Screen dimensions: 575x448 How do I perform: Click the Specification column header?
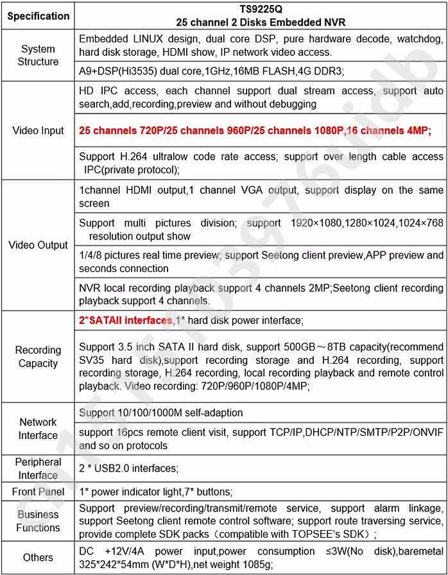tap(39, 15)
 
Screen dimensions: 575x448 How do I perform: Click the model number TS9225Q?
tap(261, 10)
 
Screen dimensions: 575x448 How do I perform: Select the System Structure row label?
tap(39, 55)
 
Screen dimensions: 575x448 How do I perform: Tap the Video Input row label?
tap(39, 130)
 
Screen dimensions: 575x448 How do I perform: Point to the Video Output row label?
tap(39, 245)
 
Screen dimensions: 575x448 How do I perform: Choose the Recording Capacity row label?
tap(39, 357)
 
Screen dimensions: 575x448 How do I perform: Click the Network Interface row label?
tap(39, 429)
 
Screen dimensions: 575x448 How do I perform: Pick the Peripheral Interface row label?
tap(39, 468)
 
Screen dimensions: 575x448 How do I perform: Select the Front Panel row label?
tap(39, 492)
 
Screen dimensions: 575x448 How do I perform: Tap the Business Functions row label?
tap(39, 521)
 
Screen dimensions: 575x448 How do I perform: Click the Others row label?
tap(39, 557)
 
